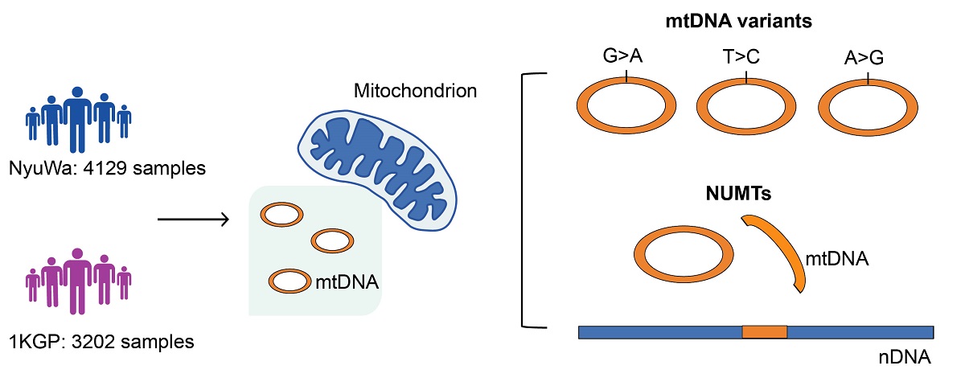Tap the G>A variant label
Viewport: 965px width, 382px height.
click(622, 58)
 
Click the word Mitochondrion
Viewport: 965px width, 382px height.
click(416, 89)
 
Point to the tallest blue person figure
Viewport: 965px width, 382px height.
click(78, 117)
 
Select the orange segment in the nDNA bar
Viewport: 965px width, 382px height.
click(763, 331)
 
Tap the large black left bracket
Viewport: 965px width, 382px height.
click(527, 201)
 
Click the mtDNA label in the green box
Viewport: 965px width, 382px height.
click(347, 282)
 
